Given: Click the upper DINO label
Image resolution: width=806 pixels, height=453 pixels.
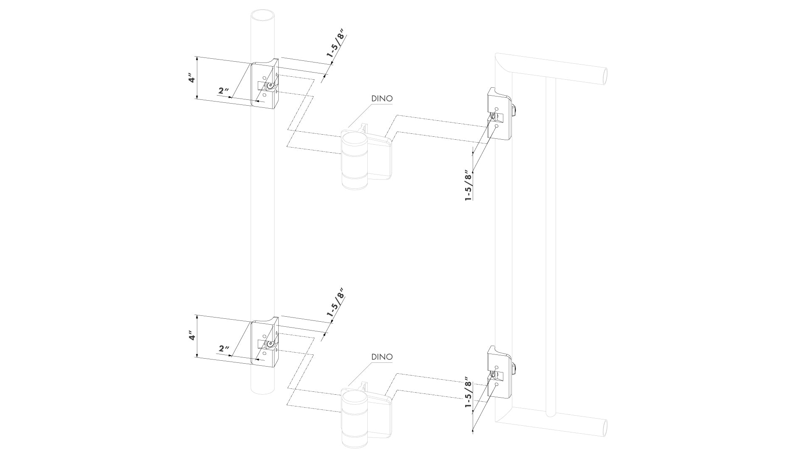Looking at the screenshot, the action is tap(382, 99).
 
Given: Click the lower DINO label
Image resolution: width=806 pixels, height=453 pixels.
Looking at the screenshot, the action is tap(382, 357).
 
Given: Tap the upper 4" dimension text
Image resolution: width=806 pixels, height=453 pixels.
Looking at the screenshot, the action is tap(191, 79).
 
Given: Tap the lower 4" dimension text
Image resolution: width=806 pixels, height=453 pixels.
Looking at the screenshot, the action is tap(191, 336).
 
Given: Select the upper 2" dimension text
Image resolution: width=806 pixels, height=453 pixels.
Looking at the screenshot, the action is tap(223, 91).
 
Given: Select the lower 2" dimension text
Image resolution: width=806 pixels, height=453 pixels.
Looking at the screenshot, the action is tap(224, 349).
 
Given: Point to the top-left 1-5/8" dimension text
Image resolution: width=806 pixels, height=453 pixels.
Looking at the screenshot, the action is tap(335, 43).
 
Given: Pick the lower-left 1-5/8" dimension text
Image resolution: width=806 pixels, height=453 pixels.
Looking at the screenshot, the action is tap(335, 302).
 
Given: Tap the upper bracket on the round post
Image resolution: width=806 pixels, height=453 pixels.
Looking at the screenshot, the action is tap(264, 84).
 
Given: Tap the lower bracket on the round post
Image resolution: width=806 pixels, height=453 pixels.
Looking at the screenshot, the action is tap(264, 342).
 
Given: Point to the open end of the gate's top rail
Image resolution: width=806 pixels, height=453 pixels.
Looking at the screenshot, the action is tap(604, 76).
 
